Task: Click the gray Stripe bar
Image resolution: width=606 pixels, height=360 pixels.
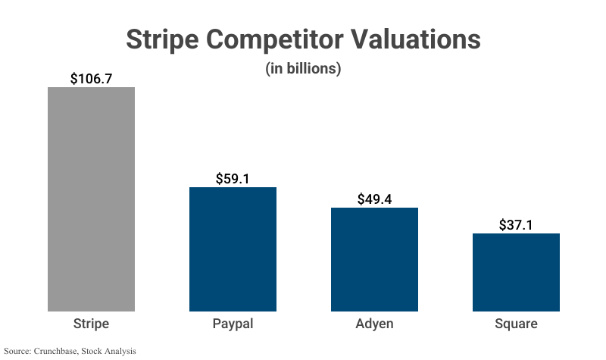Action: tap(91, 199)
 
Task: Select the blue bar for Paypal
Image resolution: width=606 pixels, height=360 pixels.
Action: tap(233, 249)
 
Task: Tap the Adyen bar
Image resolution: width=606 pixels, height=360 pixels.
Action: tap(374, 259)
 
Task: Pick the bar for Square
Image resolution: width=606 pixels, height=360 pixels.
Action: tap(516, 272)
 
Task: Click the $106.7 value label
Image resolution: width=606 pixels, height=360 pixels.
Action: tap(91, 78)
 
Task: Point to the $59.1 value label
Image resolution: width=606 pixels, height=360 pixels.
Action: tap(233, 179)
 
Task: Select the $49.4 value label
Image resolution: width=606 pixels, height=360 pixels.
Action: tap(374, 199)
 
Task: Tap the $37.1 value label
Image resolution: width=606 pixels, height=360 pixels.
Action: tap(516, 225)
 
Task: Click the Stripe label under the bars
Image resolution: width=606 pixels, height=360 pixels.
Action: tap(91, 324)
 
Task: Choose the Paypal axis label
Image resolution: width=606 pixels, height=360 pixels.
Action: tap(233, 324)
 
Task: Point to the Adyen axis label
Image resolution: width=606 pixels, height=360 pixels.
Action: tap(374, 324)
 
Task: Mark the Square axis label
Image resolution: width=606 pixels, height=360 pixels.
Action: tap(516, 324)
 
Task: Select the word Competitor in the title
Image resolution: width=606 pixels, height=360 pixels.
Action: tap(294, 39)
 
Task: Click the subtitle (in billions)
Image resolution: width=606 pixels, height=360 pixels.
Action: tap(303, 68)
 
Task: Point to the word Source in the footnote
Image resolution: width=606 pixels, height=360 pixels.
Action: tap(17, 351)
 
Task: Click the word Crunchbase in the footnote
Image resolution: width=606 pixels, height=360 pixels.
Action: tap(56, 351)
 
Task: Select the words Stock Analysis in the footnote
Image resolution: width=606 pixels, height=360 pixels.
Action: tap(109, 351)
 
